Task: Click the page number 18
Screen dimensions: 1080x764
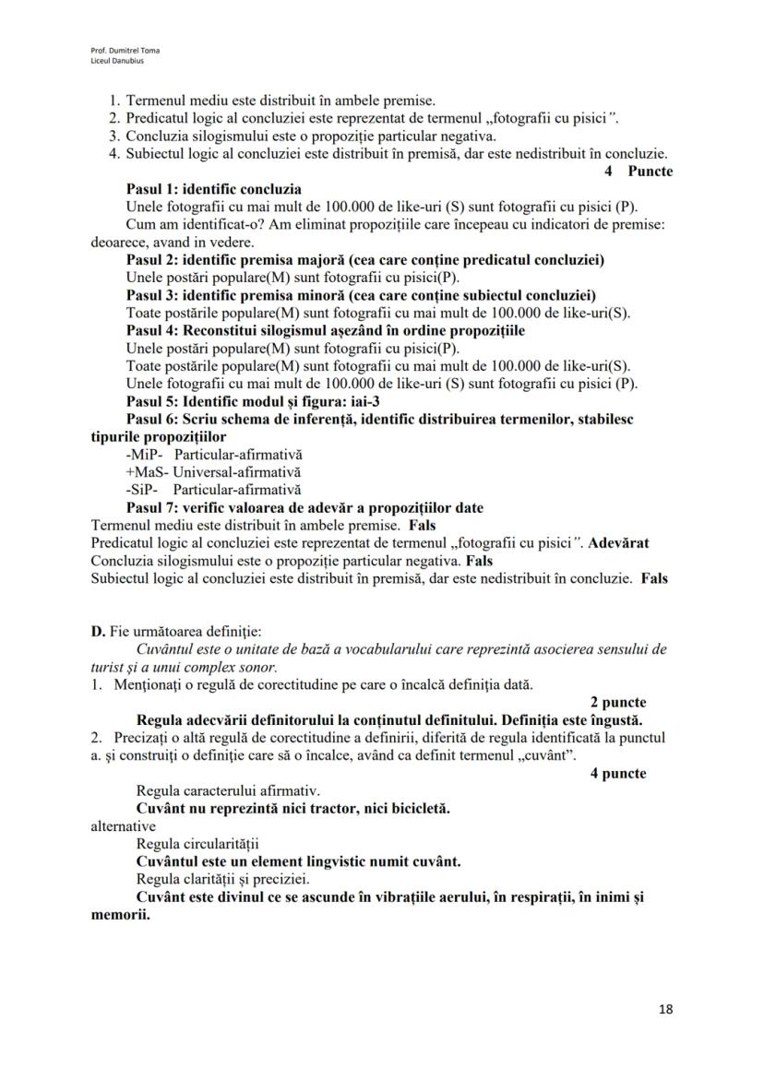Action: [x=665, y=1009]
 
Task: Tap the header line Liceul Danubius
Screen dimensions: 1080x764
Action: [x=112, y=60]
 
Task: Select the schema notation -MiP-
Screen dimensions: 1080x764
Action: [x=144, y=456]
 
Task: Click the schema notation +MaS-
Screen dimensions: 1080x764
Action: [x=147, y=472]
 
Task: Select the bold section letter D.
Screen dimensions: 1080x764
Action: [x=97, y=632]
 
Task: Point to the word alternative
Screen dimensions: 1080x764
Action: [x=123, y=826]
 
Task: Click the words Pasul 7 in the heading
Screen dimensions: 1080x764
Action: [x=152, y=508]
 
